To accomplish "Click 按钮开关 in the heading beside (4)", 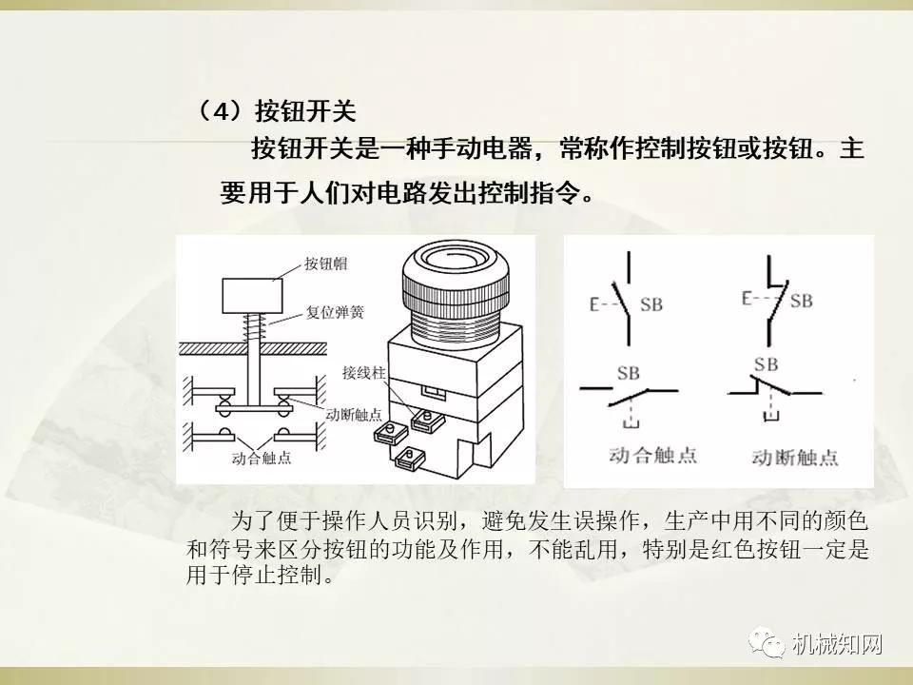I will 305,111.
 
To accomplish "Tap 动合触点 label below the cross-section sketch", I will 261,458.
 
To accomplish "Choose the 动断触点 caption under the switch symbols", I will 794,455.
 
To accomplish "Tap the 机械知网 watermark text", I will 837,645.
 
